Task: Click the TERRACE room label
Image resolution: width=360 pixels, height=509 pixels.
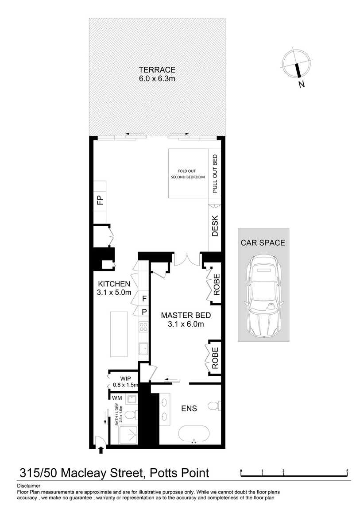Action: [157, 69]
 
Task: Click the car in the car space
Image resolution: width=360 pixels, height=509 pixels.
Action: [263, 296]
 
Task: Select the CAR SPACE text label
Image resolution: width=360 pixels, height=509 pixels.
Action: [263, 243]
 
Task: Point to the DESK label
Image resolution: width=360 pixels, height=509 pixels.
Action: [215, 226]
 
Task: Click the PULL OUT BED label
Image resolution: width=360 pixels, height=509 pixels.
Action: [215, 174]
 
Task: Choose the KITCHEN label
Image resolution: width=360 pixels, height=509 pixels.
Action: [114, 284]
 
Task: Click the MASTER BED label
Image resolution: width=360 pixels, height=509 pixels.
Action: [186, 316]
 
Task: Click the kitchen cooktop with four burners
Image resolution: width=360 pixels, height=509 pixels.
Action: [143, 327]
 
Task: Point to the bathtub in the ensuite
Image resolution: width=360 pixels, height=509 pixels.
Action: [194, 434]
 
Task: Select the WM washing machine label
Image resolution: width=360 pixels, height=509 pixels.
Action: [117, 398]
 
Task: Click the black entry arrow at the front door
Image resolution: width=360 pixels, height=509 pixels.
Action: [101, 450]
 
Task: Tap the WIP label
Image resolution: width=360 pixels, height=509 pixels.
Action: [120, 378]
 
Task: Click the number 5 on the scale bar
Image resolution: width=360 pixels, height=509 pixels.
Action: [348, 470]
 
